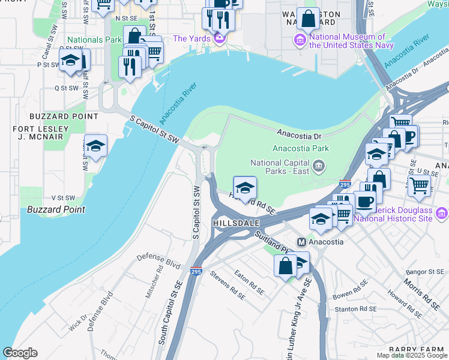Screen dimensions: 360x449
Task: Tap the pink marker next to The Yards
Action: coord(219,38)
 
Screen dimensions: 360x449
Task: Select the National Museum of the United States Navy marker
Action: coord(300,40)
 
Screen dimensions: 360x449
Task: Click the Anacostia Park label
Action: coord(301,148)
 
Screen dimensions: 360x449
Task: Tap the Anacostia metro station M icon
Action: coord(302,242)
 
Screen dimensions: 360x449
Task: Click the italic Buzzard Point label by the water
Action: coord(56,209)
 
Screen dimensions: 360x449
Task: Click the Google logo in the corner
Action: coord(20,353)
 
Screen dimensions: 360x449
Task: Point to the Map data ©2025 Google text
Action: coord(412,355)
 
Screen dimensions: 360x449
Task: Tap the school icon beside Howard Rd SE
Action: coord(244,187)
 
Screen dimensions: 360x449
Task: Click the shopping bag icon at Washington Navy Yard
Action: coord(308,19)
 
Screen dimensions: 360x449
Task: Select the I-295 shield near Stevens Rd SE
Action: coord(196,271)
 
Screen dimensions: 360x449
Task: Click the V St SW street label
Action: coord(62,197)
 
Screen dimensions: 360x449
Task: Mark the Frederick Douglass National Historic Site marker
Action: coord(442,213)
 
